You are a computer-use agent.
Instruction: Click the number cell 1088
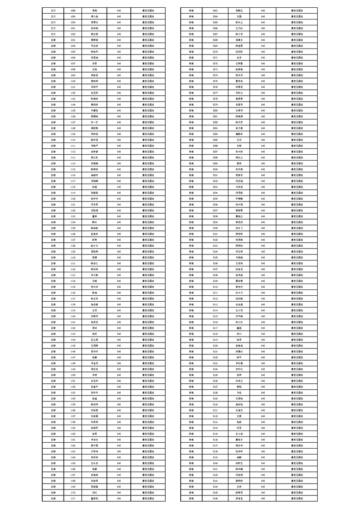[x=73, y=10]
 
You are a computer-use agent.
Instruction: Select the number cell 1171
[x=73, y=498]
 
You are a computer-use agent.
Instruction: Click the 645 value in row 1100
[x=119, y=81]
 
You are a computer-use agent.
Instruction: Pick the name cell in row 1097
[x=94, y=63]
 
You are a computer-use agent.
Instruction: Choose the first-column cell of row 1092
[x=53, y=34]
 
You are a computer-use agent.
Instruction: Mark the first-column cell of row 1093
[x=53, y=39]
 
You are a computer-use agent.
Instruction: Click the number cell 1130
[x=73, y=257]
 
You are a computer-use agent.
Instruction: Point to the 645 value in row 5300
[x=263, y=228]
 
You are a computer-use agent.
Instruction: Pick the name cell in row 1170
[x=94, y=492]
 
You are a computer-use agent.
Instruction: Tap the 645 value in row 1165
[x=119, y=463]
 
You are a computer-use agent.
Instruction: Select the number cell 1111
[x=73, y=146]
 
